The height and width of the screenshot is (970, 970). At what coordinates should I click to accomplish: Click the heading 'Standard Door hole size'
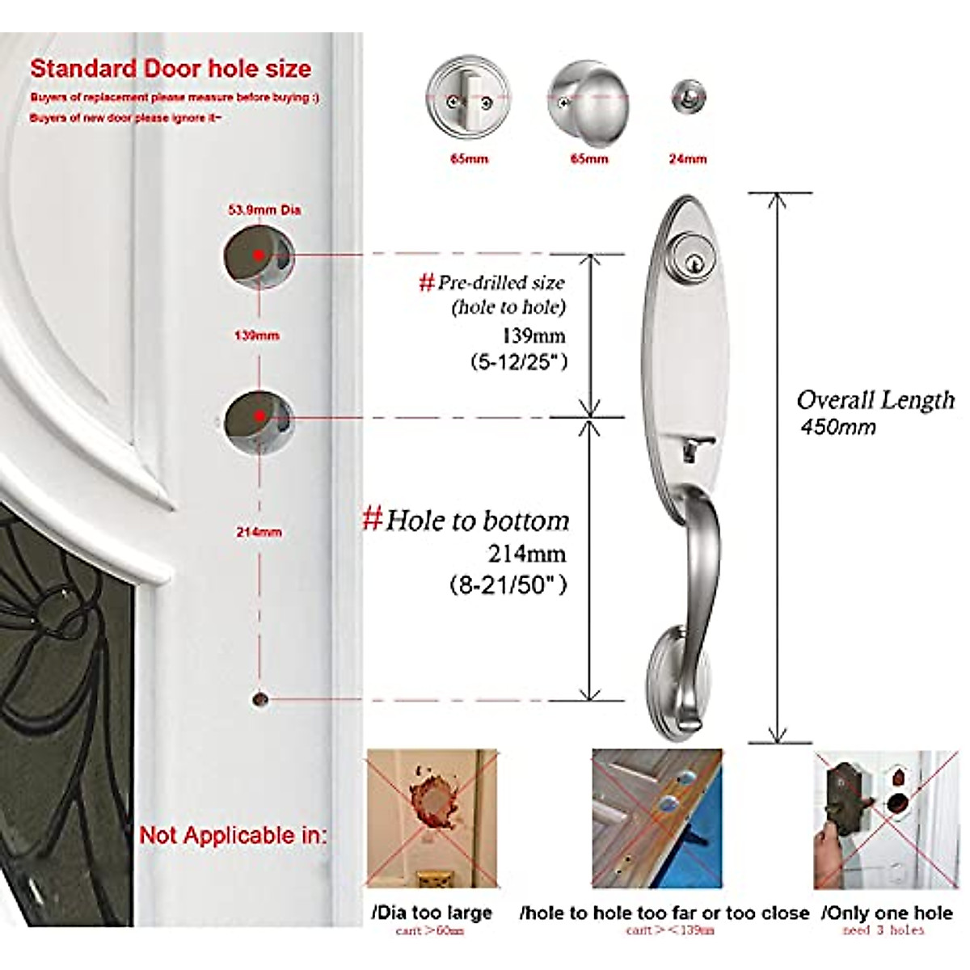(171, 69)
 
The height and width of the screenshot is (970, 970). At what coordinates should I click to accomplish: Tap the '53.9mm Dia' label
(264, 210)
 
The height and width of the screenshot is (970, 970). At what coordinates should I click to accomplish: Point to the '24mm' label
(688, 159)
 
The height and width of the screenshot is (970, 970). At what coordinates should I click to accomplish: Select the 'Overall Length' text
(875, 400)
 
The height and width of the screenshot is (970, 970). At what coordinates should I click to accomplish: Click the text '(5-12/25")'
(519, 362)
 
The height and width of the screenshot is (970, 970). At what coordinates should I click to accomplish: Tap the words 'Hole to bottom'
(477, 521)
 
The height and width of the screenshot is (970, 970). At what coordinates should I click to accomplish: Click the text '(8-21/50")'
(508, 584)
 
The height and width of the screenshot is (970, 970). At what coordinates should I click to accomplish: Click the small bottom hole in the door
(259, 698)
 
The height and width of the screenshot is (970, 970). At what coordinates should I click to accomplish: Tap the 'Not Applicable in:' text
(233, 835)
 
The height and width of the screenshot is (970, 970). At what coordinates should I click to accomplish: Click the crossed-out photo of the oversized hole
(432, 818)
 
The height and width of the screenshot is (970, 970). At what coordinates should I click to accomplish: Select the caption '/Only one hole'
(887, 913)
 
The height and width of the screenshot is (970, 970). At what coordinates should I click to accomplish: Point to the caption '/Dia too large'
(432, 913)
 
